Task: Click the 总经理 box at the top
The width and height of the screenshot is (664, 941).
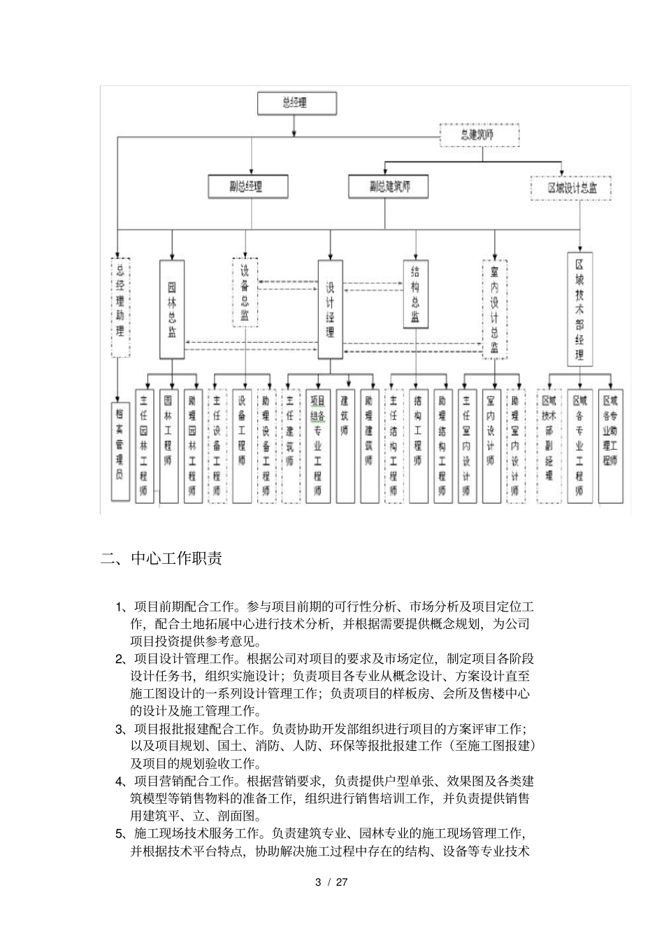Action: pyautogui.click(x=296, y=104)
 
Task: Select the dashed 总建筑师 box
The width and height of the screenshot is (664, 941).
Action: pyautogui.click(x=479, y=135)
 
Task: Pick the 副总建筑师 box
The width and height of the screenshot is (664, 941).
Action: pyautogui.click(x=389, y=186)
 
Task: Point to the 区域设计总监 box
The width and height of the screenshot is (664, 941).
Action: pyautogui.click(x=572, y=188)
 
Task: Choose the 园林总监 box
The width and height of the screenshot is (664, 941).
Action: pyautogui.click(x=172, y=309)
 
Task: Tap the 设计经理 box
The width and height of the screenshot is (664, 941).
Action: pyautogui.click(x=331, y=309)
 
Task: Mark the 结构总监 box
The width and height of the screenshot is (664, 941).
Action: pyautogui.click(x=415, y=294)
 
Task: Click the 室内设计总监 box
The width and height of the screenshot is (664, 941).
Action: pyautogui.click(x=495, y=309)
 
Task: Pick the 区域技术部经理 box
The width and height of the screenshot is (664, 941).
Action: pyautogui.click(x=579, y=309)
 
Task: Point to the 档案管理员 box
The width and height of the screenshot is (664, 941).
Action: pyautogui.click(x=120, y=449)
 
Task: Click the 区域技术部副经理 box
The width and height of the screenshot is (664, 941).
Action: pyautogui.click(x=549, y=446)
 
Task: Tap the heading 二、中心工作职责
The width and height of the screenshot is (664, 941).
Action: pyautogui.click(x=161, y=559)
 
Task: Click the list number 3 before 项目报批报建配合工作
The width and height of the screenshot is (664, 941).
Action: pyautogui.click(x=120, y=729)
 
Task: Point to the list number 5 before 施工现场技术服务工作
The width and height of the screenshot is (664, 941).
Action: pyautogui.click(x=120, y=833)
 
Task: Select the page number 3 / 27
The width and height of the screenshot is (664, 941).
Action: pyautogui.click(x=331, y=882)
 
